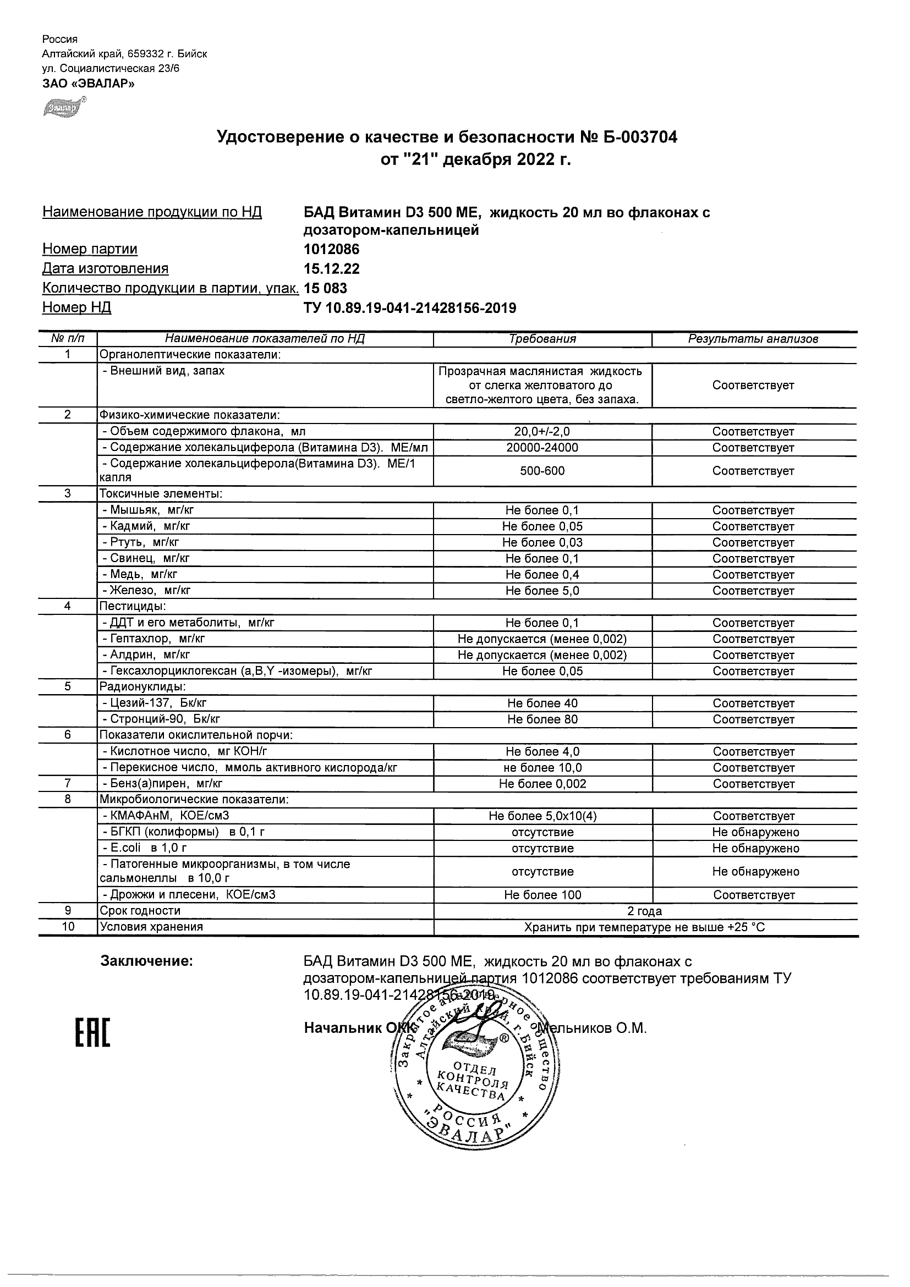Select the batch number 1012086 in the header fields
coord(331,250)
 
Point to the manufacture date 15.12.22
coord(331,269)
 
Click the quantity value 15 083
coord(325,289)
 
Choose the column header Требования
coord(542,339)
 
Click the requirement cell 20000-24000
coord(542,448)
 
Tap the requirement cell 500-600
coord(542,471)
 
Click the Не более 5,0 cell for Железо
coord(542,591)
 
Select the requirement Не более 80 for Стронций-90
coord(542,720)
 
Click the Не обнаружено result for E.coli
coord(755,849)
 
